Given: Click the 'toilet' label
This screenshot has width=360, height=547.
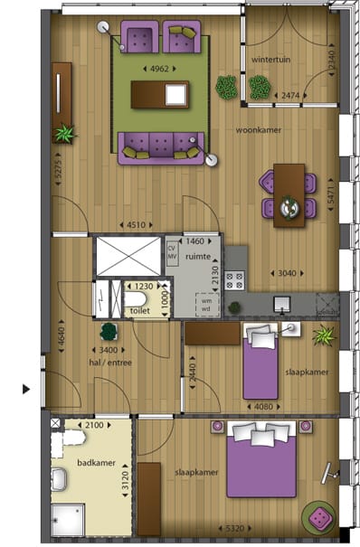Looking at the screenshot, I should tap(140, 310).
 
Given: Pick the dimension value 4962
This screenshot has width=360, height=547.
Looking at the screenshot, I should tap(160, 68).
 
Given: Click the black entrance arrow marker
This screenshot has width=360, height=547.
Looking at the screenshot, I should tap(25, 390).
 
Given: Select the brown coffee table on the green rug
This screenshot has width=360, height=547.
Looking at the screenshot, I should tap(160, 94).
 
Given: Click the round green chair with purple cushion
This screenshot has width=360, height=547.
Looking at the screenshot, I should tap(319, 517).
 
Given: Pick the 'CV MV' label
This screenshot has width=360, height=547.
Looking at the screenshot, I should tap(171, 250).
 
